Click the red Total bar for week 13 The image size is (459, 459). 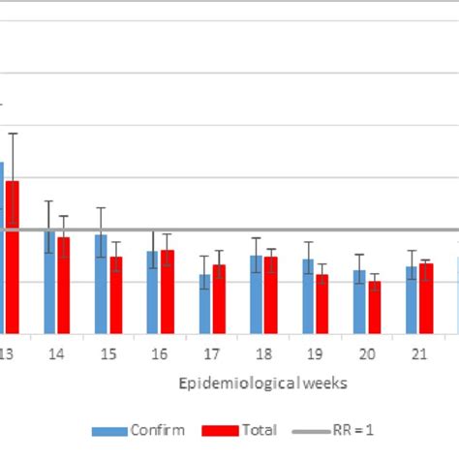click(12, 258)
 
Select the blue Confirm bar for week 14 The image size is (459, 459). click(49, 282)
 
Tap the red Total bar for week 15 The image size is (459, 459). click(115, 295)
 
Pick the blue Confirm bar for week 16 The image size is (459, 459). click(153, 292)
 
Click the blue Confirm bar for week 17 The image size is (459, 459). click(204, 304)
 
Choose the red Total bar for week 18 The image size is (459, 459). click(271, 295)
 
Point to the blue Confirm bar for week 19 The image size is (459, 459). click(308, 296)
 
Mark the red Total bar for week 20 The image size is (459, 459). click(374, 308)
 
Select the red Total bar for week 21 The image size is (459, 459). click(426, 298)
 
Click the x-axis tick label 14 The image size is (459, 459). click(56, 354)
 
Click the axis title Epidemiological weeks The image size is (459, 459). click(263, 383)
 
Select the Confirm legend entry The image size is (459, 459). click(158, 430)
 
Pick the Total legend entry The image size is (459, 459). click(260, 430)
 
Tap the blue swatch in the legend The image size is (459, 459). click(110, 430)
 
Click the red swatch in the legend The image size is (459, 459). click(220, 430)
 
